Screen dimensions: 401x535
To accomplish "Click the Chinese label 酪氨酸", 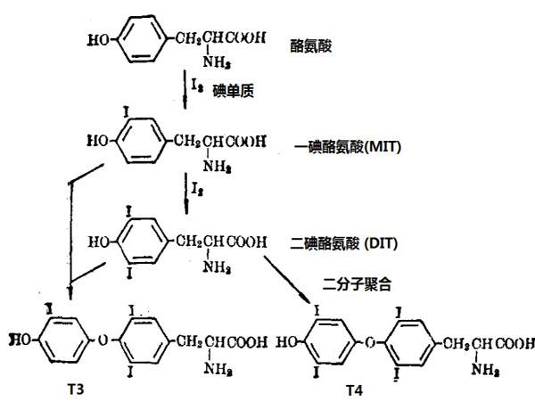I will (311, 45).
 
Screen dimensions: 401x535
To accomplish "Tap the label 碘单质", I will (232, 91).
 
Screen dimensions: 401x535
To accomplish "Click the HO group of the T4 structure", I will (291, 340).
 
